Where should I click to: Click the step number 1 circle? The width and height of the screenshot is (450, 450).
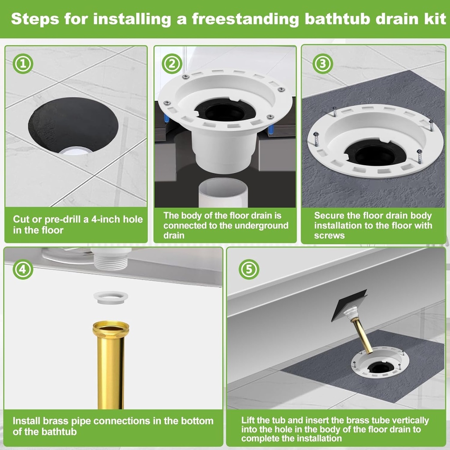tap(24, 64)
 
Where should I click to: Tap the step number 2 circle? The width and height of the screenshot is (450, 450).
tap(172, 64)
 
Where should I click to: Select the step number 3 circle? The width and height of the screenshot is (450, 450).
tap(323, 64)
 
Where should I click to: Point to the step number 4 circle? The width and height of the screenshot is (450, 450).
tap(23, 269)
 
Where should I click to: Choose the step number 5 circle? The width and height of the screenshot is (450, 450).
tap(249, 269)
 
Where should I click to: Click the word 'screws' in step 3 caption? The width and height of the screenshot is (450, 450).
tap(329, 236)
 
